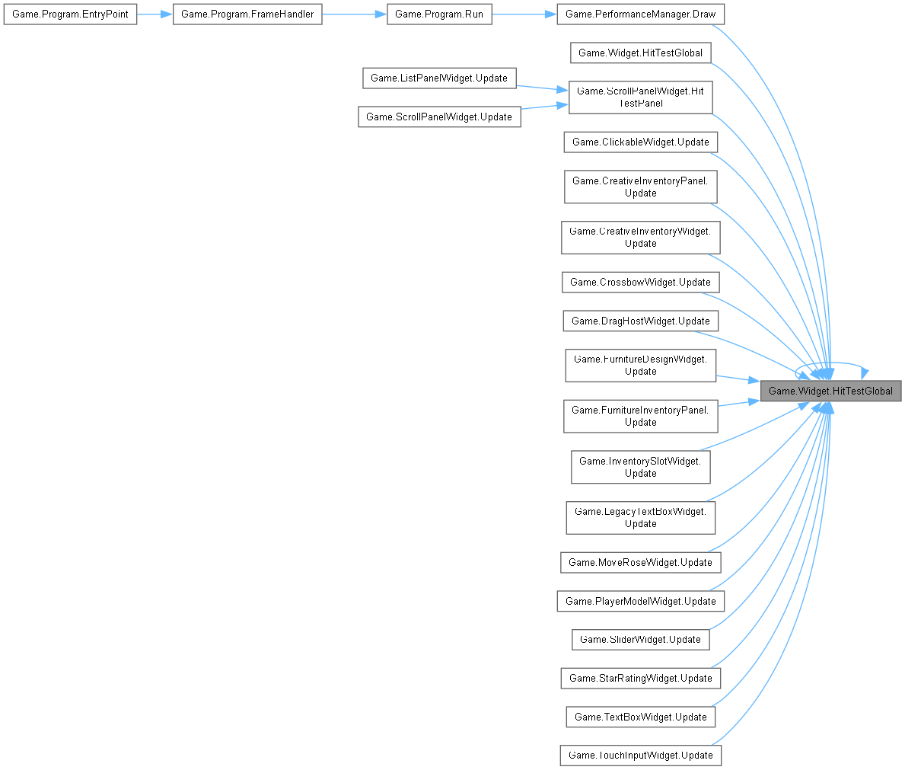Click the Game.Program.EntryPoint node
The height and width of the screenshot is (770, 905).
tap(70, 14)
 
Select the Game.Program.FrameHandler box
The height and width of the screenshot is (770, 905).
tap(247, 14)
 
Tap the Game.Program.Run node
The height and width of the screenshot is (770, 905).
tap(439, 14)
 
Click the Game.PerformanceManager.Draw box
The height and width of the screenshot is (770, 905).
tap(641, 14)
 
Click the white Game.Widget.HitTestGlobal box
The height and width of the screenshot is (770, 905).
tap(640, 53)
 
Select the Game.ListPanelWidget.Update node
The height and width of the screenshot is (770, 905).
tap(440, 78)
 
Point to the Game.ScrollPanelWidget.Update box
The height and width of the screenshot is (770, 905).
tap(439, 117)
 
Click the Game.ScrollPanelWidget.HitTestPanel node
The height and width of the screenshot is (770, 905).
tap(640, 97)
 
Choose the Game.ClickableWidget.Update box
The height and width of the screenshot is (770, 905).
tap(640, 142)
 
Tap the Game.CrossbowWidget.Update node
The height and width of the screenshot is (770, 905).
tap(640, 282)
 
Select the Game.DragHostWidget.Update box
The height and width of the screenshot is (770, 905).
tap(640, 321)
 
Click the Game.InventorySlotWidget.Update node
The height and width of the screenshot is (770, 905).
tap(640, 467)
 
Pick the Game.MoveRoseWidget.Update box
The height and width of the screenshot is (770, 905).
tap(640, 562)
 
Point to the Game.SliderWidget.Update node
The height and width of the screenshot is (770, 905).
tap(640, 639)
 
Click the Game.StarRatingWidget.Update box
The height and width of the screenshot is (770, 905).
tap(640, 678)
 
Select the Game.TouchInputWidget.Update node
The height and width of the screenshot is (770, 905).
tap(640, 755)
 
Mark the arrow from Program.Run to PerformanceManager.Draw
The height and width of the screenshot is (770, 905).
tap(524, 14)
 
